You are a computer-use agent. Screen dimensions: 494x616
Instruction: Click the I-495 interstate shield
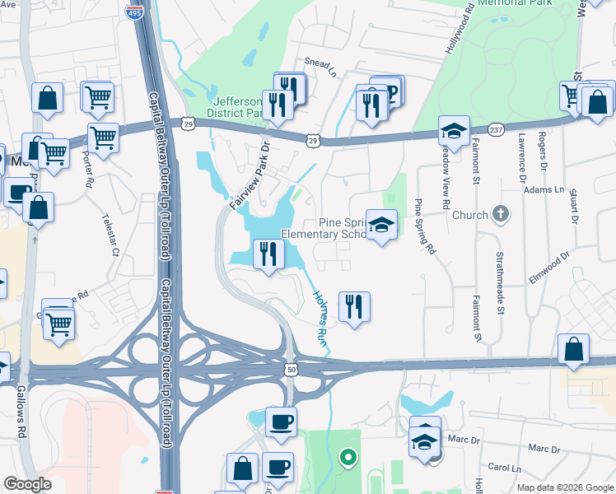[x=133, y=12]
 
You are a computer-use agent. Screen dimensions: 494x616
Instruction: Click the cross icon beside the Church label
[x=501, y=215]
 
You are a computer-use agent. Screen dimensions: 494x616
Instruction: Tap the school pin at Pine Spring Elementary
[x=381, y=224]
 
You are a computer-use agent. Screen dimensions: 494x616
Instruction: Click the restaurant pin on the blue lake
[x=268, y=254]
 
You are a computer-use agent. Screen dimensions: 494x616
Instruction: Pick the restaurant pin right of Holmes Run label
[x=354, y=306]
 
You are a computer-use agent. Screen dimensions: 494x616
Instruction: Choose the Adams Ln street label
[x=544, y=189]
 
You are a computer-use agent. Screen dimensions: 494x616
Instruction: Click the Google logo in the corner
[x=28, y=484]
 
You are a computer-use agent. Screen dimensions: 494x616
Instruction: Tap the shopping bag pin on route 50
[x=573, y=349]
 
